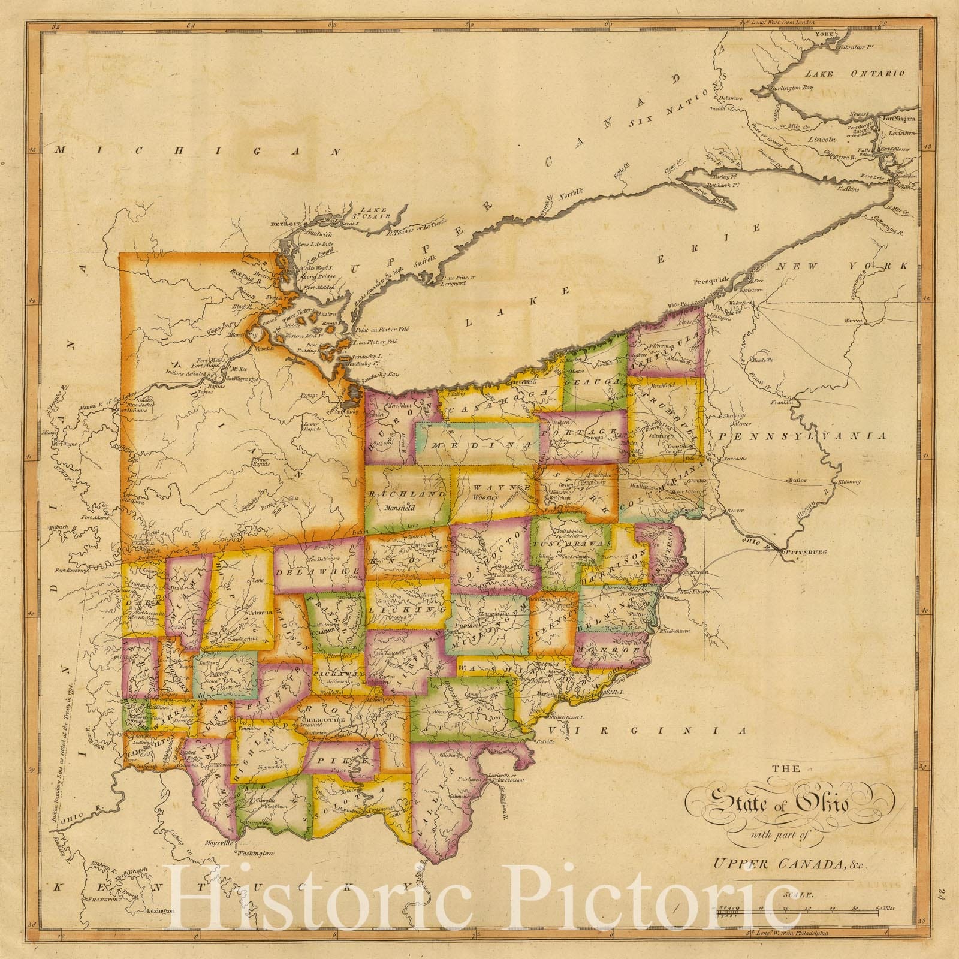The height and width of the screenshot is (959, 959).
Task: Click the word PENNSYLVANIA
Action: point(803,436)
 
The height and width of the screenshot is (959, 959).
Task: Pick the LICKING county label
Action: point(408,609)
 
